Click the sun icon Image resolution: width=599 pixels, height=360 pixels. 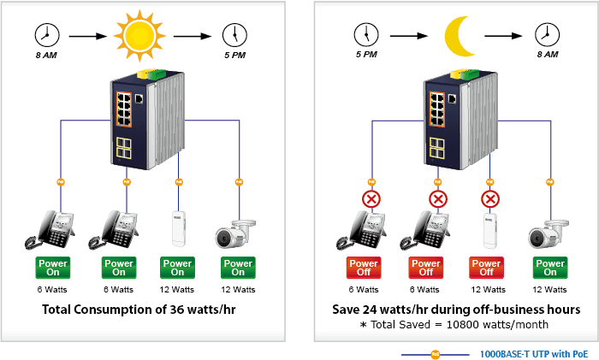point(139,36)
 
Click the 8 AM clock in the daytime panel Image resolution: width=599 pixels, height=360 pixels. point(47,35)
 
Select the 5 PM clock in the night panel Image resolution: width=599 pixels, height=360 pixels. point(366,35)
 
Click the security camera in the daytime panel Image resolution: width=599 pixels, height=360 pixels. point(235,233)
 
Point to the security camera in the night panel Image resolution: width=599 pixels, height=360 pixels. point(549,234)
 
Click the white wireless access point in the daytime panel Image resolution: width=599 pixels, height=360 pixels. point(178,228)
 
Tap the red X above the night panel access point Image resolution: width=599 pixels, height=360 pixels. point(490,199)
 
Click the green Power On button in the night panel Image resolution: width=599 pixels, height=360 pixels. point(550,268)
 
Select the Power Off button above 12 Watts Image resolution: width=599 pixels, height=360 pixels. point(486,268)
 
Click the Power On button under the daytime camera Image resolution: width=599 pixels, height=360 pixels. point(238,268)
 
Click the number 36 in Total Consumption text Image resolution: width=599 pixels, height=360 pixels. point(177,310)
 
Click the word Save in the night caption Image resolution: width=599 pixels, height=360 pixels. point(346,310)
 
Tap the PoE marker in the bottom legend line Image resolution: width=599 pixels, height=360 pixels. point(435,355)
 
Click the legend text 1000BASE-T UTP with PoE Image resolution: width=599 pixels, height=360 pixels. point(534,354)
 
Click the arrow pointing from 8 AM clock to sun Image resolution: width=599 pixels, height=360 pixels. point(88,36)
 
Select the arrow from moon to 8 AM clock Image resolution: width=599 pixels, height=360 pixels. point(503,36)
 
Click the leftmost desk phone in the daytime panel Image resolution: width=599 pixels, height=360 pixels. point(50,230)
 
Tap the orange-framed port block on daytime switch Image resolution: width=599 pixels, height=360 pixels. point(124,109)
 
